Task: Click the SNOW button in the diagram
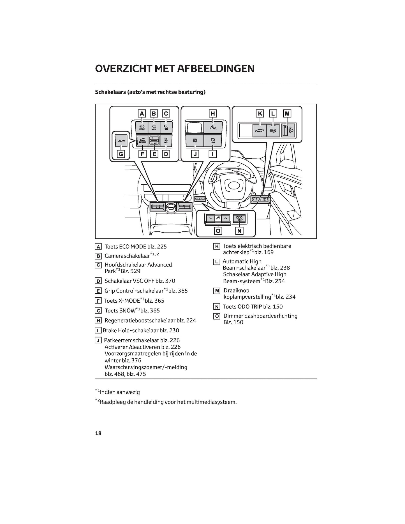(x=121, y=141)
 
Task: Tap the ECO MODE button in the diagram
(x=142, y=127)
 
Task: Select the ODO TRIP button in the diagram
(x=239, y=219)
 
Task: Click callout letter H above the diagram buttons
(x=213, y=113)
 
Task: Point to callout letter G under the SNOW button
(x=121, y=154)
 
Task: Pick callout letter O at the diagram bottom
(x=218, y=231)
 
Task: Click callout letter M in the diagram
(x=287, y=113)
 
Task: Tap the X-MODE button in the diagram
(x=142, y=140)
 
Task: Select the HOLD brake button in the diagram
(x=213, y=140)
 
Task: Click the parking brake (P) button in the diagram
(x=195, y=140)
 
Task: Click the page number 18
(x=98, y=433)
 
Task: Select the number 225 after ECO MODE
(x=162, y=247)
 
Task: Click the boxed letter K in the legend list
(x=216, y=246)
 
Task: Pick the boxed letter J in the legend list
(x=98, y=340)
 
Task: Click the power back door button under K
(x=260, y=130)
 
